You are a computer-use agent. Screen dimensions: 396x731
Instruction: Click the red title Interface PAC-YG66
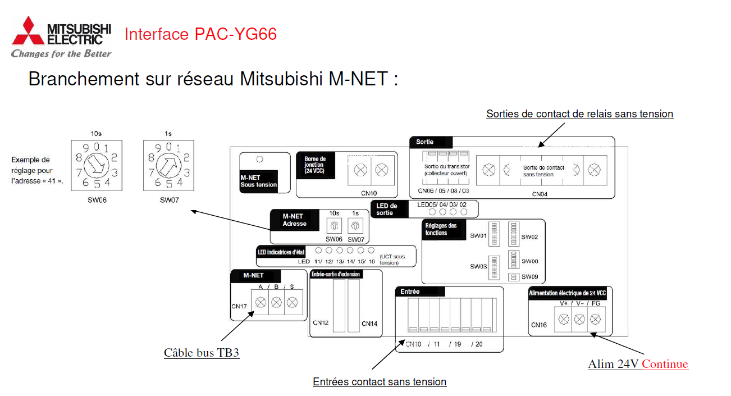coord(200,34)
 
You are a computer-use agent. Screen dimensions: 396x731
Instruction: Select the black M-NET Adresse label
coord(294,220)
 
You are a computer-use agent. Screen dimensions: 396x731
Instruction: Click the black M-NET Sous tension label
coord(258,181)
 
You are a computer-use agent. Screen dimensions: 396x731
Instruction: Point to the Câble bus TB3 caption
coord(202,353)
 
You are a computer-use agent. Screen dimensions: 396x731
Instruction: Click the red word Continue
coord(665,364)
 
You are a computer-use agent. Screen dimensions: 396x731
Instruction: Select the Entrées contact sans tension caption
coord(380,382)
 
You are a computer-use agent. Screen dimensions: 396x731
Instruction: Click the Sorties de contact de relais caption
coord(579,114)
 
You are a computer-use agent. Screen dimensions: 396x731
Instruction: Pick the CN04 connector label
coord(540,194)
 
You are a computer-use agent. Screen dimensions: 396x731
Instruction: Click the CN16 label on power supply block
coord(539,325)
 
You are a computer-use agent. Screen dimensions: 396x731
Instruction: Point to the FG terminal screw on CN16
coord(595,319)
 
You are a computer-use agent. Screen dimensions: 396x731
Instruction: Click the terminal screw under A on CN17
coord(261,302)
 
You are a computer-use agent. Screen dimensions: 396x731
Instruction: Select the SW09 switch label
coord(529,276)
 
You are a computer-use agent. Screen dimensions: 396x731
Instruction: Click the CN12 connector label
coord(321,323)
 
